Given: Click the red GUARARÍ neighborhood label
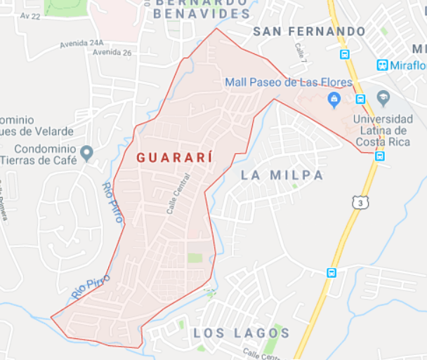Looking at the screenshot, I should (174, 157).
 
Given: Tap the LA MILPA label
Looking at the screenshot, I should (282, 175).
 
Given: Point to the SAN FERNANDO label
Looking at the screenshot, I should (309, 32).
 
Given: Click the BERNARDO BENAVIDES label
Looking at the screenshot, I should (202, 7).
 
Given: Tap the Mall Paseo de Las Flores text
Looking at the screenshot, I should (289, 83).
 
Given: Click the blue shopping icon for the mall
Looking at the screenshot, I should (335, 98).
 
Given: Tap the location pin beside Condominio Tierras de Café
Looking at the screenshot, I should (86, 152).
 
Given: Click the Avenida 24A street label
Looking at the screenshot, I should (81, 43).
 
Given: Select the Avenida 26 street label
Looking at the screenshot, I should (112, 52).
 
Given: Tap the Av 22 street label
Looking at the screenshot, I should (31, 15).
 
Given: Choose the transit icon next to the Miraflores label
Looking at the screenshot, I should (382, 65).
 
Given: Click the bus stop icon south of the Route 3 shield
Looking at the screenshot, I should (331, 272).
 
